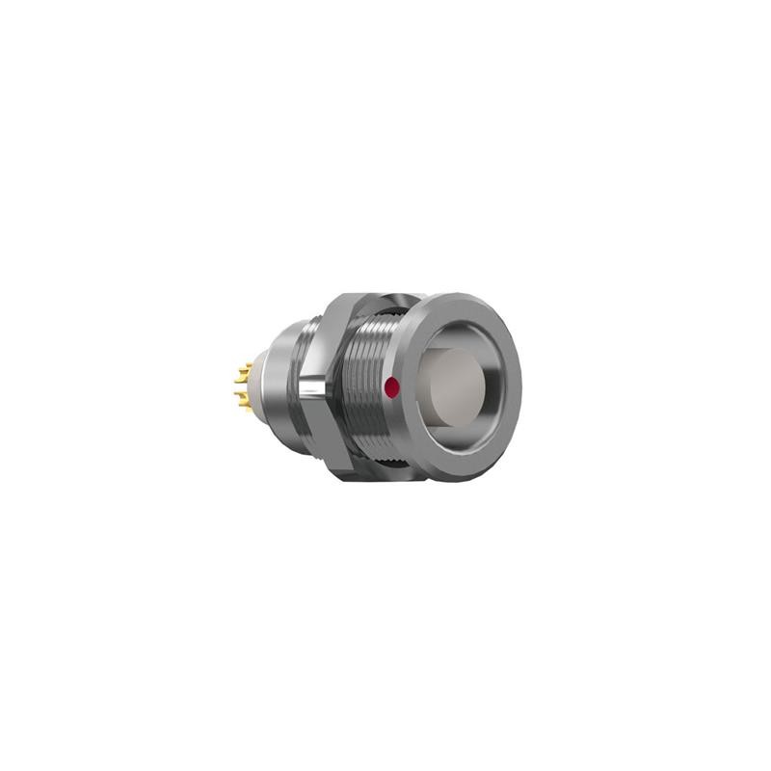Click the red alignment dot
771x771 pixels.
tap(391, 387)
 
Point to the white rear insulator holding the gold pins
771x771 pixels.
tap(253, 385)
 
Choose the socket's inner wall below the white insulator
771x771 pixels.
tap(463, 439)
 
